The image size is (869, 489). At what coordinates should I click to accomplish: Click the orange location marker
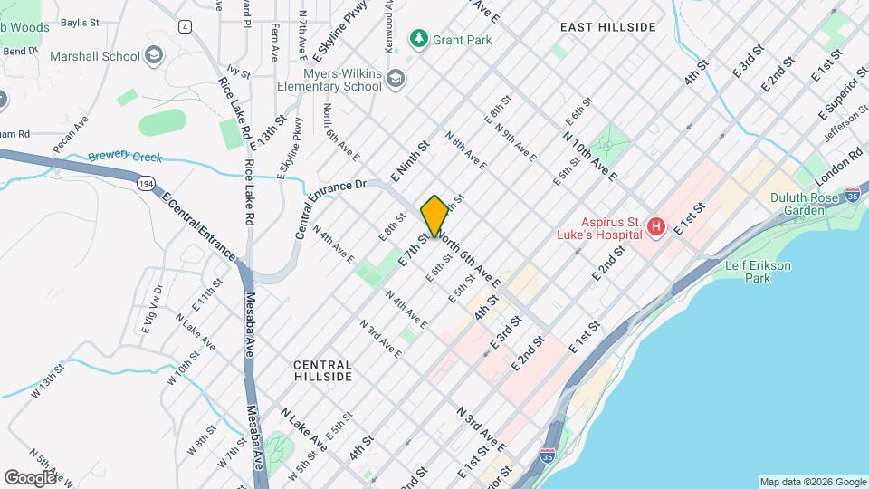(x=434, y=216)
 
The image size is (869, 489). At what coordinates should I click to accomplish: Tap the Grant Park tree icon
(x=417, y=38)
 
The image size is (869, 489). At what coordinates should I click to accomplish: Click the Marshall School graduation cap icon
(x=154, y=57)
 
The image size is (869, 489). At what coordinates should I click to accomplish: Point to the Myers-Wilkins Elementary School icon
(x=395, y=80)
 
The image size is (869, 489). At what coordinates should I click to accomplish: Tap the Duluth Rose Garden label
(x=810, y=204)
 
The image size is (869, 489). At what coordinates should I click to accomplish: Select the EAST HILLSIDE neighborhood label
(x=607, y=27)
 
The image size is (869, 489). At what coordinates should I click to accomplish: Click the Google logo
(x=30, y=477)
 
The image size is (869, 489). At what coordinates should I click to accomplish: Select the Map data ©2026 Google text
(x=812, y=482)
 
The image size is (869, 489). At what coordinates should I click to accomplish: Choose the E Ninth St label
(x=409, y=158)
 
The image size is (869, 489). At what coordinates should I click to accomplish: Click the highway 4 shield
(x=185, y=26)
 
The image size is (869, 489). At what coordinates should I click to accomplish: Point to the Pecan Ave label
(x=71, y=133)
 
